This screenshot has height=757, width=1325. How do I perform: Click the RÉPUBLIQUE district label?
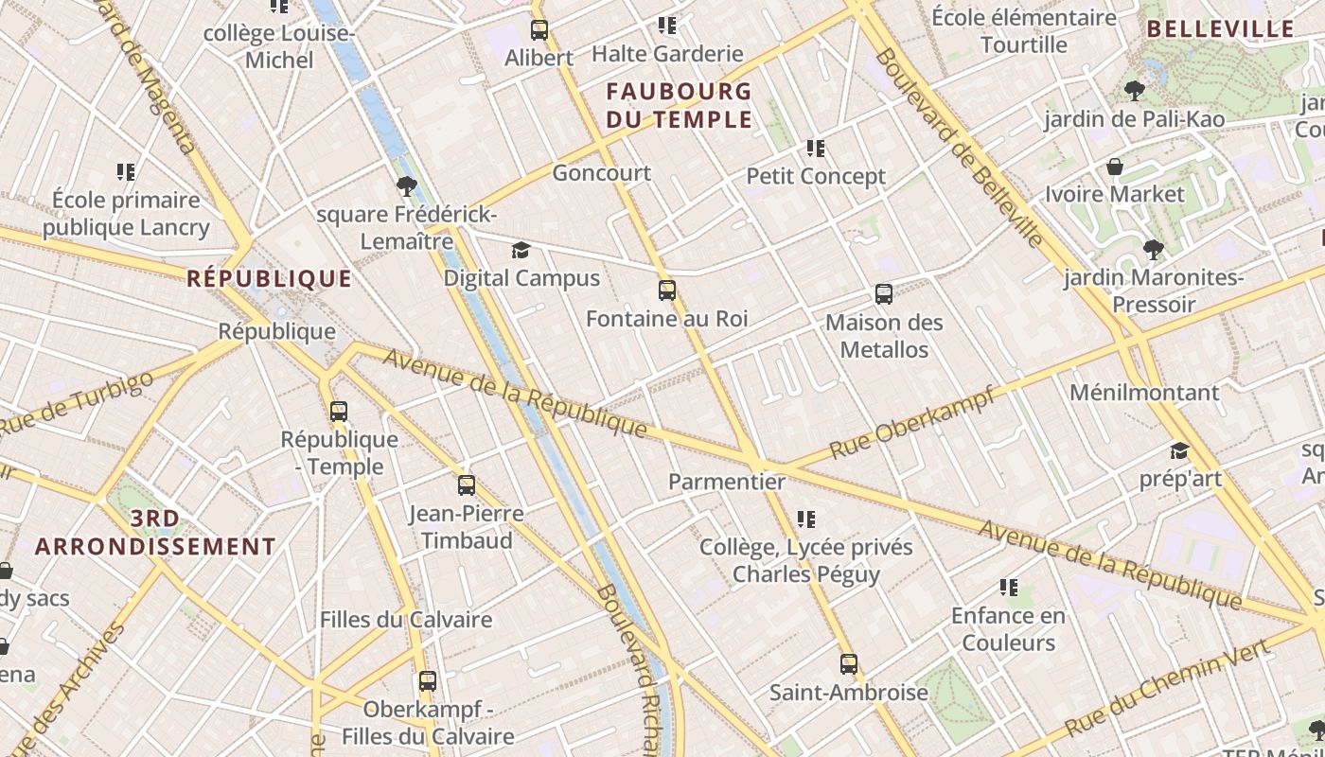point(270,278)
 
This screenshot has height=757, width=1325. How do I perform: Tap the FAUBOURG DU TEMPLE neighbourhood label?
point(679,106)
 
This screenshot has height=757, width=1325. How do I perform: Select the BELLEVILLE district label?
point(1220,29)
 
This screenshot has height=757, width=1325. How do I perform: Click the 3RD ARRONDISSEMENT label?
point(155,533)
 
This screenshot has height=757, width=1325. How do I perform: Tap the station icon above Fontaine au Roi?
point(667,290)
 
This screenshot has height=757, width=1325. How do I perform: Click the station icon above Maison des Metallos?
point(884,294)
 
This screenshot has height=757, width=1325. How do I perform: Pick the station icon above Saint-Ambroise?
point(849,664)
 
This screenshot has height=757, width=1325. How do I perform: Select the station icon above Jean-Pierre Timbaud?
point(467,485)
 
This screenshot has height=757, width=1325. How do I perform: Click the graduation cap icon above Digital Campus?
point(521,250)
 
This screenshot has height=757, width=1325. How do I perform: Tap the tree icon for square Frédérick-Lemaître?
point(407,186)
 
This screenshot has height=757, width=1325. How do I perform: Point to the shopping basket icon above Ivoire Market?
point(1115,167)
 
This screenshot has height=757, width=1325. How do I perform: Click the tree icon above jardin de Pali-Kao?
point(1134,92)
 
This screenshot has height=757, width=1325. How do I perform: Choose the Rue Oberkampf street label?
point(912,422)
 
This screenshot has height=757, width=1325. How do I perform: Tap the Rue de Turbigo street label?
point(76,405)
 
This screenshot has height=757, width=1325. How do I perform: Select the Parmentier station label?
point(727,482)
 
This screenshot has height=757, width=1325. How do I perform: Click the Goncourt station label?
point(602,173)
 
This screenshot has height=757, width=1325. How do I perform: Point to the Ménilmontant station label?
point(1144,392)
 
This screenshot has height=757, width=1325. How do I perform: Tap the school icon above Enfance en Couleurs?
point(1009,588)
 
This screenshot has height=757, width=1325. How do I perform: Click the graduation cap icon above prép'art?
point(1179,450)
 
